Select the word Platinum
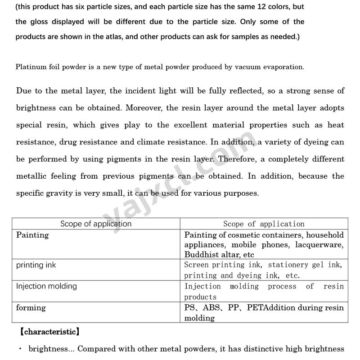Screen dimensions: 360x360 coord(30,67)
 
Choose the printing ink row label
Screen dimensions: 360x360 coord(36,265)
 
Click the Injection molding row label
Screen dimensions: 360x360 coord(46,286)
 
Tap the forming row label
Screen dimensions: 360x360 coord(31,308)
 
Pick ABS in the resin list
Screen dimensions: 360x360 coord(212,308)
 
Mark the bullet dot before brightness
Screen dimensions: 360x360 coord(21,349)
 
